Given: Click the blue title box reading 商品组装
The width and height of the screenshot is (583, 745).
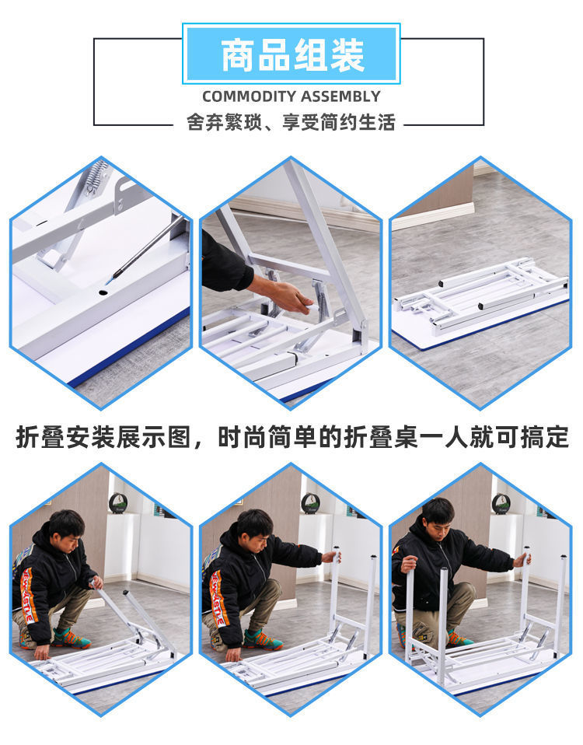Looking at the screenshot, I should [x=291, y=54].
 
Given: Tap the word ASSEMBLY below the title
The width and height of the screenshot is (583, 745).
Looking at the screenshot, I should [x=340, y=96].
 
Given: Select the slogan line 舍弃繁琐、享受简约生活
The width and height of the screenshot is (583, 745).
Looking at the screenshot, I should [x=291, y=123].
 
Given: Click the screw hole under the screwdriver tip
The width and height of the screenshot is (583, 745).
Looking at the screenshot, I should [x=103, y=294].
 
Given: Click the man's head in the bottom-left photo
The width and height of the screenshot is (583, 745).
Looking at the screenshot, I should [x=65, y=529].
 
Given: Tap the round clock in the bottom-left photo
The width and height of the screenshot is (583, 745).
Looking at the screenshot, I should [x=118, y=502].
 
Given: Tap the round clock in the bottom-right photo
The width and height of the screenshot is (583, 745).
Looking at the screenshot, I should [x=501, y=502].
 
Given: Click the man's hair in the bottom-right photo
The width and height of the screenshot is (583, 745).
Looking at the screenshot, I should [x=438, y=509].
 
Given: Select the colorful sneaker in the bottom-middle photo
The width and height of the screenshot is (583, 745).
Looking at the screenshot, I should [x=262, y=638].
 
